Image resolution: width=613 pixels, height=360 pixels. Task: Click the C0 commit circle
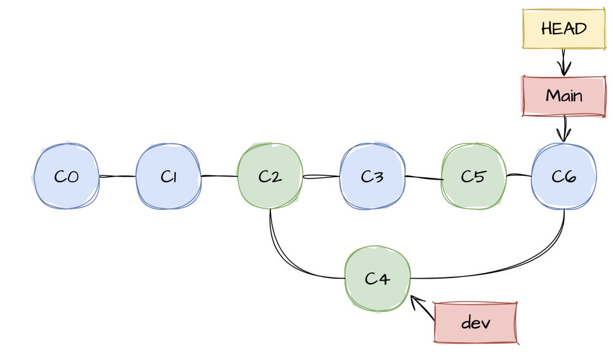65,177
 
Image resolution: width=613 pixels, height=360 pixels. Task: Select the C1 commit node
168,177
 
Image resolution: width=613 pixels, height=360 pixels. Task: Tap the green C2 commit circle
270,177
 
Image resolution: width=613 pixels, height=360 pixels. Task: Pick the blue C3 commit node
372,177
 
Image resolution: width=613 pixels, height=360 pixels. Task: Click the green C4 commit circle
378,278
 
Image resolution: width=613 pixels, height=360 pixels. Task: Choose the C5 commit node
473,177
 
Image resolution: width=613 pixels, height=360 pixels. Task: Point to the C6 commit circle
564,177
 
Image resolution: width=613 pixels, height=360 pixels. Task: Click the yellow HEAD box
563,29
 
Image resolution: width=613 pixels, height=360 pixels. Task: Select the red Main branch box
563,96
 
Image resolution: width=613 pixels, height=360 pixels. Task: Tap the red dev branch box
476,323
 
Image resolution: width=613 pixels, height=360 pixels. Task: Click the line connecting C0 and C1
117,177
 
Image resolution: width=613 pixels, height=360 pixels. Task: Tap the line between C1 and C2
219,176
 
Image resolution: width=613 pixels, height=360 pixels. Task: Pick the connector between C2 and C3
321,177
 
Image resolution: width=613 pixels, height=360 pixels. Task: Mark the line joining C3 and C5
423,178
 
